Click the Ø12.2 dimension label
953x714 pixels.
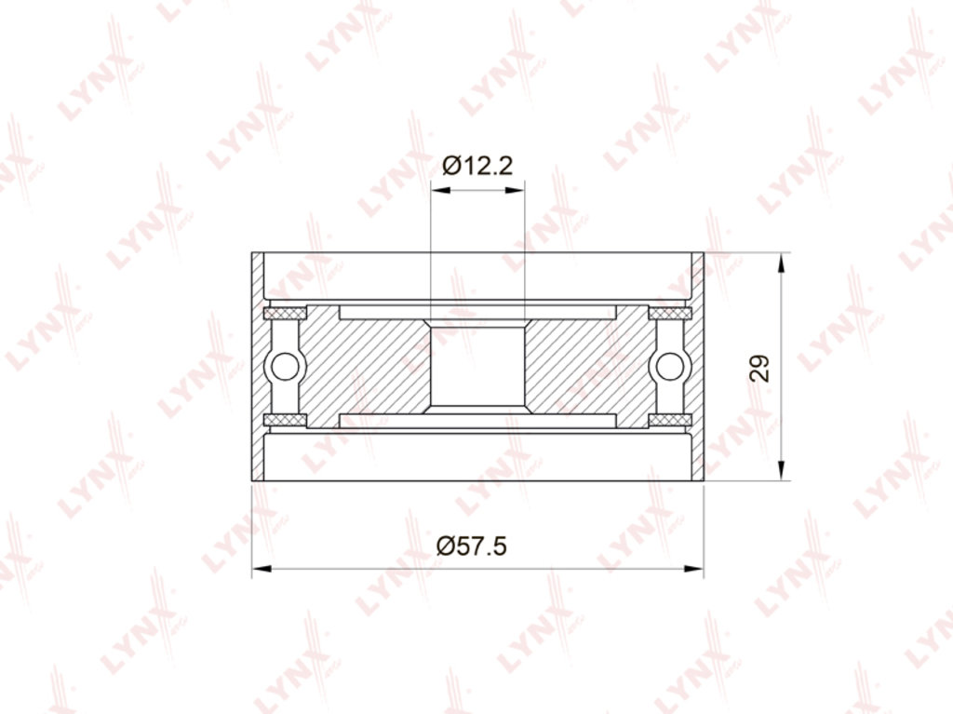point(477,165)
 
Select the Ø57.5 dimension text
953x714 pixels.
point(471,546)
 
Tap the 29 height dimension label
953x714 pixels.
point(759,368)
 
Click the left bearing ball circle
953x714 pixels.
point(285,367)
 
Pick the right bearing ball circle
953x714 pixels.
point(670,367)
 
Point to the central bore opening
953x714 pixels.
point(477,366)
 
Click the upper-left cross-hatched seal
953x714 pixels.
point(285,313)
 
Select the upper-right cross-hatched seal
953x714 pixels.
point(670,313)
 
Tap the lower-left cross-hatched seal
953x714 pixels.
point(285,420)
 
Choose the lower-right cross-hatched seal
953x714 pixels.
point(670,420)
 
